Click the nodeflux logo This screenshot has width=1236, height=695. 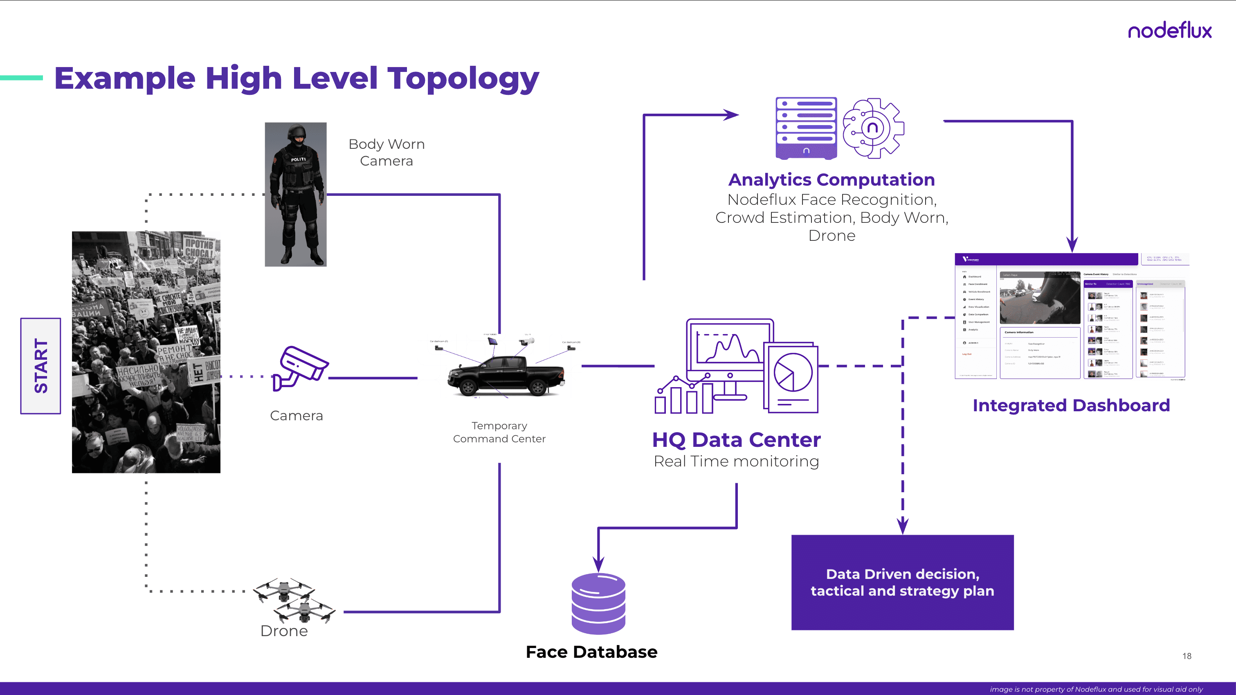(x=1169, y=30)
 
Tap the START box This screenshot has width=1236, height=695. (x=41, y=366)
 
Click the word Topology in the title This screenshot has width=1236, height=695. (x=463, y=79)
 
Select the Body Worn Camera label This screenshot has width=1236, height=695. (x=386, y=152)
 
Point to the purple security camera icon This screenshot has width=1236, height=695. (x=300, y=368)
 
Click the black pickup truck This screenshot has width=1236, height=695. (x=505, y=377)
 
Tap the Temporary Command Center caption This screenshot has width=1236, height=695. (x=499, y=432)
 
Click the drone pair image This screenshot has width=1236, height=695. (x=294, y=600)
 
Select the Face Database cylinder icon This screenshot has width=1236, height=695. (x=598, y=603)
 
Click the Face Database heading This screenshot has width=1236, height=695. (x=591, y=652)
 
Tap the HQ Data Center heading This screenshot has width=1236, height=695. (x=736, y=439)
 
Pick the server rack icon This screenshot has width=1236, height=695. (x=806, y=128)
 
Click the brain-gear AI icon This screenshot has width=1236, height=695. (x=873, y=128)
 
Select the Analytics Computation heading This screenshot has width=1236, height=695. (x=831, y=179)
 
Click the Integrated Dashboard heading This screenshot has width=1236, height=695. (x=1071, y=405)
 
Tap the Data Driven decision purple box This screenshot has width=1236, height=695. (x=902, y=582)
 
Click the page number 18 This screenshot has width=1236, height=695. (x=1187, y=656)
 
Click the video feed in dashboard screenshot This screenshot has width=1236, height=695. (x=1039, y=298)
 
